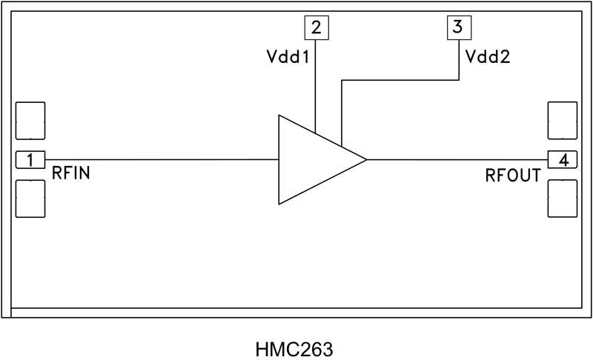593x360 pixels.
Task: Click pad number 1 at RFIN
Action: tap(30, 159)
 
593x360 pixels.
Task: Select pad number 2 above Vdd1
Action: tap(317, 28)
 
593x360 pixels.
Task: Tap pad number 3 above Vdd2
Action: tap(457, 28)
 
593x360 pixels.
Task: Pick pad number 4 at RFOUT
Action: tap(563, 159)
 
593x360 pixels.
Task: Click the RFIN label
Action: tap(70, 176)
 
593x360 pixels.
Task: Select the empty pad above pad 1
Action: tap(30, 121)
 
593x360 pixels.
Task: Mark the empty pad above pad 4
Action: tap(563, 121)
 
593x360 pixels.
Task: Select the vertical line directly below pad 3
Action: tap(457, 59)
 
